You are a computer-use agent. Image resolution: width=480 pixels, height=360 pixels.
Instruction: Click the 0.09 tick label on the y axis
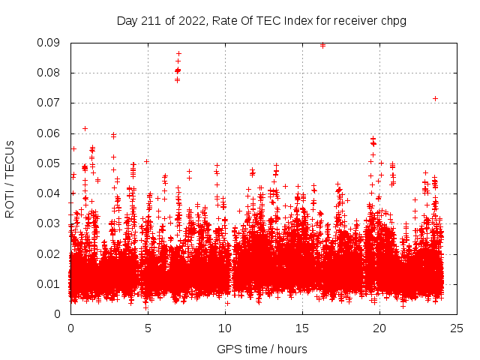tap(52, 43)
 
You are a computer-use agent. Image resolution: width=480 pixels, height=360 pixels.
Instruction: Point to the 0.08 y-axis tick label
tap(52, 73)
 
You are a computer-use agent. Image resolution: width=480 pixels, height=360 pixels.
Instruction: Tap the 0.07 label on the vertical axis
tap(52, 103)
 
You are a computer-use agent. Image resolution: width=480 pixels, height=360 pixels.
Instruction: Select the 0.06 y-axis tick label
tap(52, 133)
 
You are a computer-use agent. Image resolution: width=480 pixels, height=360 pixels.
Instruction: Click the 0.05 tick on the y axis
tap(52, 163)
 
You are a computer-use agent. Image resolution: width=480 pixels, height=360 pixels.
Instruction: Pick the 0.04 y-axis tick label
tap(52, 193)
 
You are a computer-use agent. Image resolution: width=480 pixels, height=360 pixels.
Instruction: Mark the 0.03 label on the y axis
tap(52, 223)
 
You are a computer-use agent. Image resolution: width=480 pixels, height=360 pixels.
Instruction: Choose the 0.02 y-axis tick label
tap(52, 253)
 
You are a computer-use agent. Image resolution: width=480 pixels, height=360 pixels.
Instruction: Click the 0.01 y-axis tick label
tap(52, 283)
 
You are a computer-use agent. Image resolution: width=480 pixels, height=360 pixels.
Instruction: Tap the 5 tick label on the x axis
tap(148, 328)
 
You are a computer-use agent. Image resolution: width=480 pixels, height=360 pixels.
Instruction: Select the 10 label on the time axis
tap(225, 328)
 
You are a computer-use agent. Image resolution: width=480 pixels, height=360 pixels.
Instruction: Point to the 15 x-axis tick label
tap(302, 328)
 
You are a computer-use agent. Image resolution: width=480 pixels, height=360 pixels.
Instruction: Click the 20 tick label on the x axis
tap(379, 328)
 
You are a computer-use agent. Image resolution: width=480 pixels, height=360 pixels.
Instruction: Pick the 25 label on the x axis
tap(457, 328)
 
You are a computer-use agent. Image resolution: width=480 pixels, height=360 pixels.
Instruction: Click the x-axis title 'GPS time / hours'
tap(262, 349)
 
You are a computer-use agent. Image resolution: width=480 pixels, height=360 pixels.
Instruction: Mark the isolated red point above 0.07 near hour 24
tap(435, 98)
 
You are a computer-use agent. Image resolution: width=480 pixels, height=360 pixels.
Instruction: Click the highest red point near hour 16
tap(322, 45)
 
